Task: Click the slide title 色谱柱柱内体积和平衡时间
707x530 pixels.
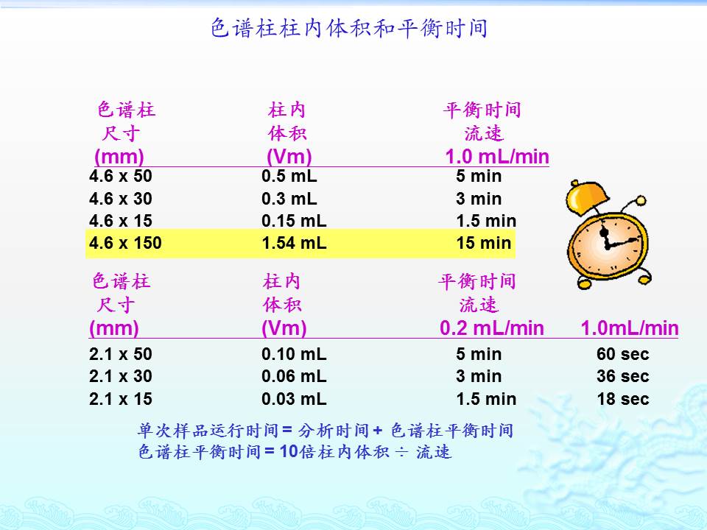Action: point(349,28)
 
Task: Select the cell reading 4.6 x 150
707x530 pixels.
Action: point(125,243)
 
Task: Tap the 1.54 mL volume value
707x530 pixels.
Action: point(294,243)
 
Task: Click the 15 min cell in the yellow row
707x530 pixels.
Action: point(484,243)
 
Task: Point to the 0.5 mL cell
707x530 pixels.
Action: point(289,176)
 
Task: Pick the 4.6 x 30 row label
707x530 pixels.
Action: point(120,198)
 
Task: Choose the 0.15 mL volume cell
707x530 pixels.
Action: point(294,221)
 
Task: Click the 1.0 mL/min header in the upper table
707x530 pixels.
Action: point(497,157)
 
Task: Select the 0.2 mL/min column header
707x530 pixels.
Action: point(492,328)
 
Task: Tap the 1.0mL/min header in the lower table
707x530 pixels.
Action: point(630,328)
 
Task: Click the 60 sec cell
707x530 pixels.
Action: point(623,354)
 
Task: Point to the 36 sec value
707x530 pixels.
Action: point(623,376)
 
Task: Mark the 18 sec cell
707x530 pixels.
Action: point(623,399)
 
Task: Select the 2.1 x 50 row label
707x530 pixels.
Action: point(120,354)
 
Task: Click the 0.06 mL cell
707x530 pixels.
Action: point(294,376)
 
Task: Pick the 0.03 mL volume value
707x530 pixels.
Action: point(294,399)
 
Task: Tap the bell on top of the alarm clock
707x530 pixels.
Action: point(587,197)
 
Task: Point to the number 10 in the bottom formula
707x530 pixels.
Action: point(289,451)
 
